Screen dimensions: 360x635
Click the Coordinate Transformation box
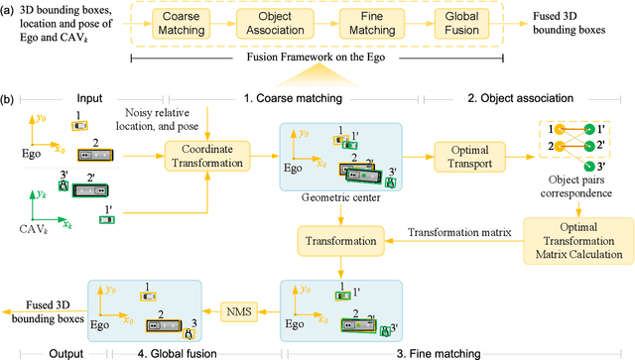point(208,155)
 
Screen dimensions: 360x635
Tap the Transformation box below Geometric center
point(339,240)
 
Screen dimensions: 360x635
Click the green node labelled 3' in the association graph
point(587,166)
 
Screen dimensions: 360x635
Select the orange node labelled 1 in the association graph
point(559,129)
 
